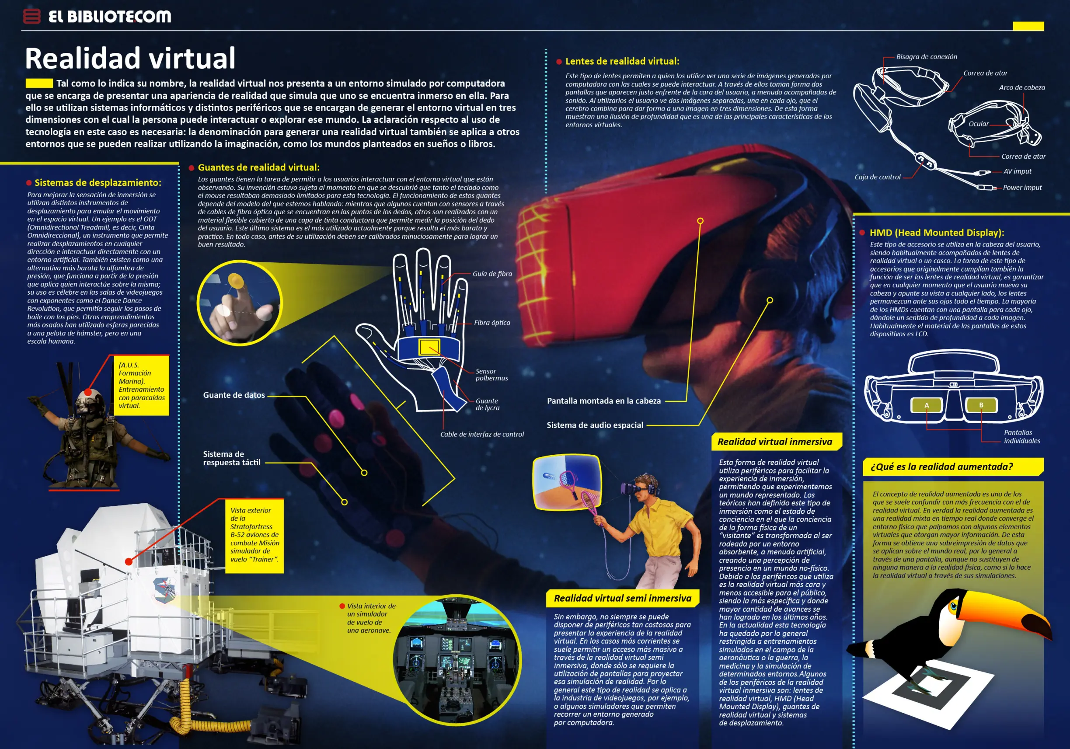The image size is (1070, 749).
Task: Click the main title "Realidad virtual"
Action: point(130,58)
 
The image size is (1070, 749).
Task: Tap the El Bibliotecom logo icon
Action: point(31,16)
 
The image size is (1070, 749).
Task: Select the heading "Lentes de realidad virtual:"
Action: point(622,61)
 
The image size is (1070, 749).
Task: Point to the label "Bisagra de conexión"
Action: point(927,57)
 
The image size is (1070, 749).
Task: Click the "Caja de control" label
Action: point(877,177)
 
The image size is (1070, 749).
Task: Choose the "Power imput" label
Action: point(1022,188)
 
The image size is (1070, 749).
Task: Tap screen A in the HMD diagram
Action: point(927,405)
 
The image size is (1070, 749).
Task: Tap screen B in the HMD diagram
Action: point(981,405)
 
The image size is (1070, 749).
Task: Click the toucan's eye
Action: point(953,606)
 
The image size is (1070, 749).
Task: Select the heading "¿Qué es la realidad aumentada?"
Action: point(941,467)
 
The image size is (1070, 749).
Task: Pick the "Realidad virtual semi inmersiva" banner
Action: point(623,599)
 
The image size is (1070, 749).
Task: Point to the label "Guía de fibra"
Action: point(492,274)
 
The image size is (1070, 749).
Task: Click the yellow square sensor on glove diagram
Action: point(429,347)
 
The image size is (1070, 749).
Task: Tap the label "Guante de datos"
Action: point(234,395)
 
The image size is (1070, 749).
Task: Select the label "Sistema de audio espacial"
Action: point(595,425)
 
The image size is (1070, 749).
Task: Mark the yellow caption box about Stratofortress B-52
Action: point(254,536)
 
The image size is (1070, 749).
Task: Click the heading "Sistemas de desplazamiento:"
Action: point(98,183)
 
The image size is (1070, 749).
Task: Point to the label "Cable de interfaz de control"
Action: point(482,434)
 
